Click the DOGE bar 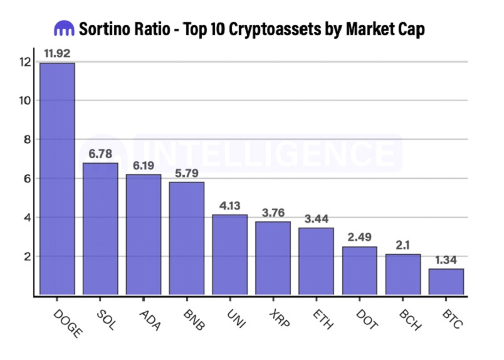57,178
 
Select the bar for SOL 100,228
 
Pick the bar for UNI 229,254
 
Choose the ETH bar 316,261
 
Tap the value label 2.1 402,244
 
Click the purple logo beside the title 64,28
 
